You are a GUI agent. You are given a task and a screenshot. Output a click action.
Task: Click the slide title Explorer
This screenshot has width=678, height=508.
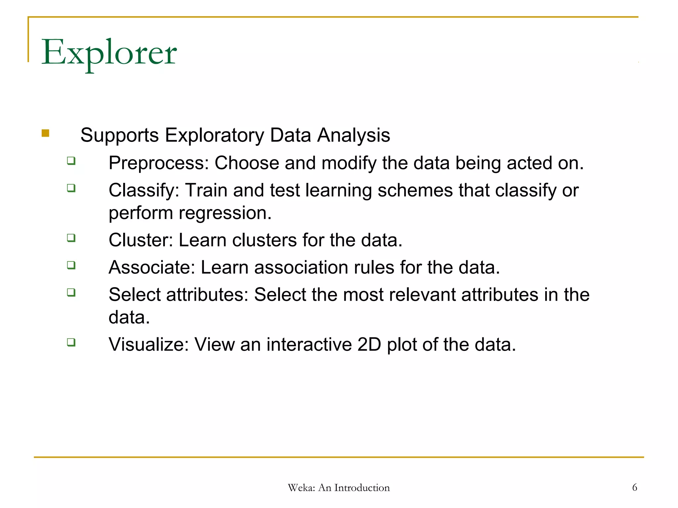click(x=109, y=53)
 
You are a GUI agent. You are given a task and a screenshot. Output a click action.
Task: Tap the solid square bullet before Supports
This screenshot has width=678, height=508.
click(x=45, y=133)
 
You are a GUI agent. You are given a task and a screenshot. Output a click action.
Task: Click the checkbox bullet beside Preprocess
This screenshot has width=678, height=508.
click(x=71, y=161)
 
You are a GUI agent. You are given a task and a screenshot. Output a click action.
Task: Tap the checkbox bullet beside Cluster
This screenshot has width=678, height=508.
click(x=71, y=238)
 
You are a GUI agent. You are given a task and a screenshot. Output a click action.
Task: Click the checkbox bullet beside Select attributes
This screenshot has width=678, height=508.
click(x=71, y=292)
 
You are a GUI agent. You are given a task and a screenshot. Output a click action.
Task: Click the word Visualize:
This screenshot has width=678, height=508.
click(x=148, y=345)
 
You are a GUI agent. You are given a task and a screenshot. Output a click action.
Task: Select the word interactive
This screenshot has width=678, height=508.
click(x=309, y=345)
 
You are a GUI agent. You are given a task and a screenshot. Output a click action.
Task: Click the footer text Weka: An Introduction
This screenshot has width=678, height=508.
click(x=339, y=488)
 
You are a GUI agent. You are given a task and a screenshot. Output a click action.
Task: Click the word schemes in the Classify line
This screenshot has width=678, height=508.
click(x=415, y=190)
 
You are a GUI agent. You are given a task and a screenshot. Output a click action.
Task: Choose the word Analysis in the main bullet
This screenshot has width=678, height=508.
click(x=354, y=135)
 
